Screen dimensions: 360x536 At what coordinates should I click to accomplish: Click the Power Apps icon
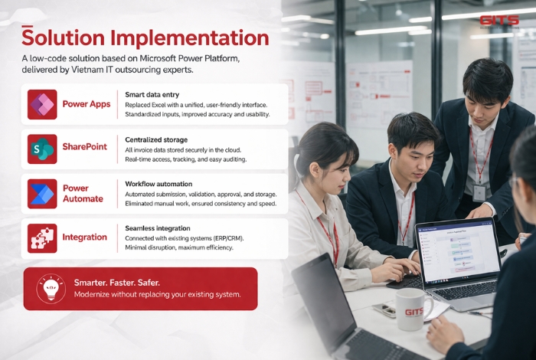[x=42, y=104]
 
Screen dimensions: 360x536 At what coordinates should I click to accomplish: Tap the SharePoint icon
[x=42, y=148]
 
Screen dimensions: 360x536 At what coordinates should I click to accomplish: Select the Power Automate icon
[x=42, y=193]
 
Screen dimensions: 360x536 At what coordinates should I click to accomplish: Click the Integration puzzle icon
[x=42, y=237]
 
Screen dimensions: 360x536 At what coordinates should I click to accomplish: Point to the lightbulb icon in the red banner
[x=50, y=288]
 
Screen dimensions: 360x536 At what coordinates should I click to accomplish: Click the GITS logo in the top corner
[x=498, y=21]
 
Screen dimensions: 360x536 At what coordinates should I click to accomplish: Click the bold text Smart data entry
[x=152, y=94]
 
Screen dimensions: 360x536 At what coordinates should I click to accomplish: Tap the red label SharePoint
[x=84, y=146]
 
